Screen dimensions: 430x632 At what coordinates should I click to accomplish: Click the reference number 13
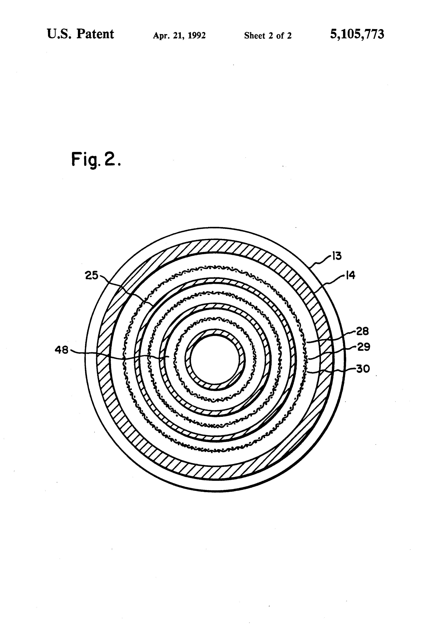point(337,256)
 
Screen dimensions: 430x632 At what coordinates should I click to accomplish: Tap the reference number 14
point(350,276)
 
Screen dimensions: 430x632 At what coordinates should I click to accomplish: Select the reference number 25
point(92,276)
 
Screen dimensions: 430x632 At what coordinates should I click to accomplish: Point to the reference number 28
point(363,331)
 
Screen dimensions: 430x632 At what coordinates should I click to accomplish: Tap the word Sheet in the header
point(254,35)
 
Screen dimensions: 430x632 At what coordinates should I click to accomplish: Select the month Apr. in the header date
point(160,36)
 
